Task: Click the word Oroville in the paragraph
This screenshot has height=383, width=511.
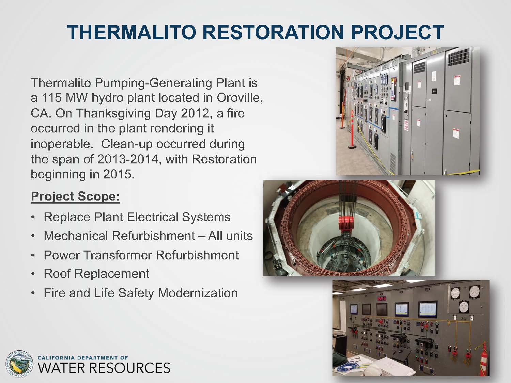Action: [240, 98]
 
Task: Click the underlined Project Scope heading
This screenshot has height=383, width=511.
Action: [75, 196]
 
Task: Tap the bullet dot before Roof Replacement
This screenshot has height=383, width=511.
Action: [33, 274]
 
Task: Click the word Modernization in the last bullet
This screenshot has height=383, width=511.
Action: [198, 293]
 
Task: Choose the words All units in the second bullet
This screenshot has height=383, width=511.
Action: [230, 236]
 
